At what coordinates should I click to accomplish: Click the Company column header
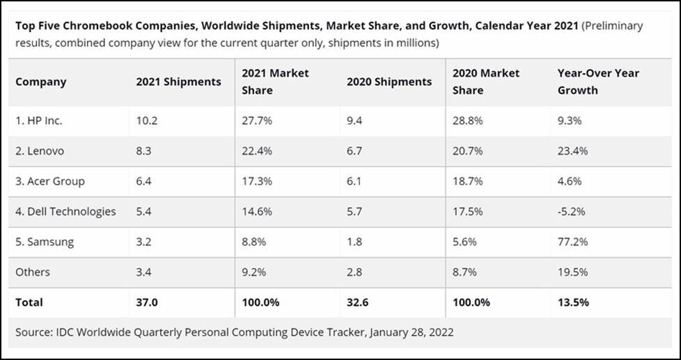point(41,82)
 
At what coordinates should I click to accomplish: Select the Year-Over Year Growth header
point(598,81)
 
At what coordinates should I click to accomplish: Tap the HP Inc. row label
point(39,120)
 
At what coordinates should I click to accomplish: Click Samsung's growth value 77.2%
point(573,242)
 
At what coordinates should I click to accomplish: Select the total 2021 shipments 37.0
point(148,302)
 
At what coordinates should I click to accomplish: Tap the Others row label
point(33,272)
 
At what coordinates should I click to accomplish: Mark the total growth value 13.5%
point(573,302)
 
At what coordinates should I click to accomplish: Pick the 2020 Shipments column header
point(389,81)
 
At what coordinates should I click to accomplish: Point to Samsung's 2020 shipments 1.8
point(355,242)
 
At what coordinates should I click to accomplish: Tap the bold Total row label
point(29,302)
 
